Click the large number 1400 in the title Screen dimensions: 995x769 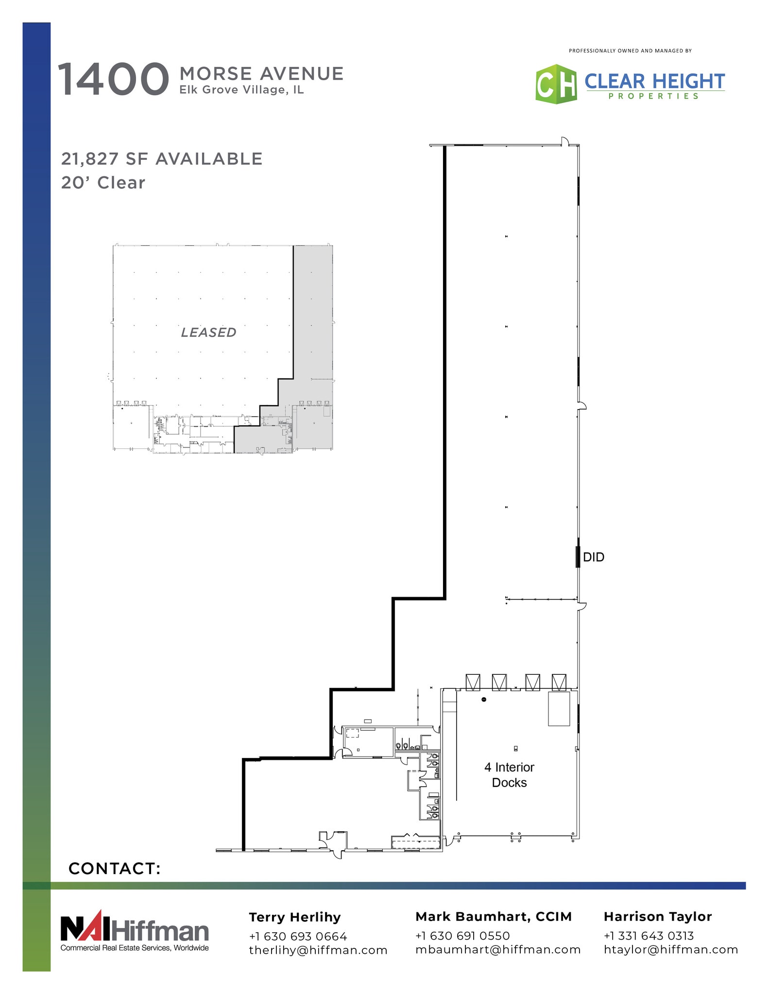(113, 79)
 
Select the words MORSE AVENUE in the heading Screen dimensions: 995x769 (261, 74)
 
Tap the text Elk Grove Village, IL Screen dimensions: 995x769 (241, 90)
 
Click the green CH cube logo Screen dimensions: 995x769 (556, 84)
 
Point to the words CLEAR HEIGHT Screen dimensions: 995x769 (654, 81)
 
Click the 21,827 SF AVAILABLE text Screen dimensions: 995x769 (162, 159)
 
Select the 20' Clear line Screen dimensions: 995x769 (103, 183)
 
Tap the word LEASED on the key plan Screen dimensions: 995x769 (208, 332)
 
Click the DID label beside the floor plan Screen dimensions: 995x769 (593, 557)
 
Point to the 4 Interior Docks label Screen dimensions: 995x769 (509, 774)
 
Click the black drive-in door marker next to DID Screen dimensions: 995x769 (578, 557)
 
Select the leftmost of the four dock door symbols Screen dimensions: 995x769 (473, 682)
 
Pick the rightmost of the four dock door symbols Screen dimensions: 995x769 (559, 682)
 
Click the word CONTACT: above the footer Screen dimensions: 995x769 (115, 868)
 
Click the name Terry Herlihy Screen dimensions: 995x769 (295, 917)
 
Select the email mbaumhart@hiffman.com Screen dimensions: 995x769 (498, 949)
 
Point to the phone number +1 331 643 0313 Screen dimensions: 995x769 (649, 936)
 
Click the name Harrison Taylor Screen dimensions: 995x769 (658, 917)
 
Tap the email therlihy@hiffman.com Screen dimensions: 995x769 (318, 950)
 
